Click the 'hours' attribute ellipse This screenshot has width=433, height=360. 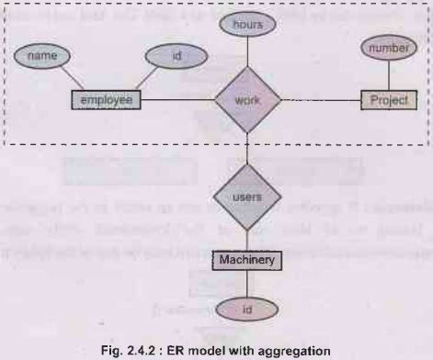point(246,25)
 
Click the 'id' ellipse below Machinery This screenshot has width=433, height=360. point(246,311)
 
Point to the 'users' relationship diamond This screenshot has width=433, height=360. point(246,196)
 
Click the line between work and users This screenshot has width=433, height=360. point(246,147)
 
